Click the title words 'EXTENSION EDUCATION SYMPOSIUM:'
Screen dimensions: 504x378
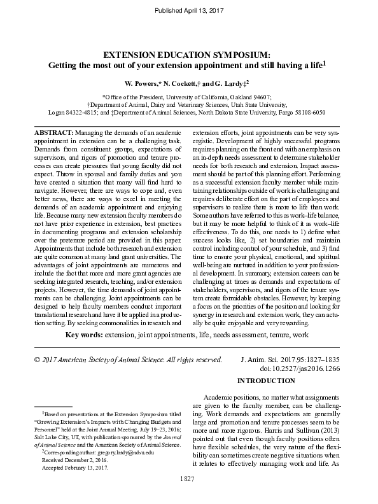(x=188, y=55)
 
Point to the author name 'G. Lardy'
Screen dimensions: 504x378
(x=227, y=83)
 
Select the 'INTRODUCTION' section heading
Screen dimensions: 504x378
(x=266, y=381)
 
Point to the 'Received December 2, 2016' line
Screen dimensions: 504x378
(x=76, y=459)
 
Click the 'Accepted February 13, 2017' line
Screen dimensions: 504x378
(x=74, y=466)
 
